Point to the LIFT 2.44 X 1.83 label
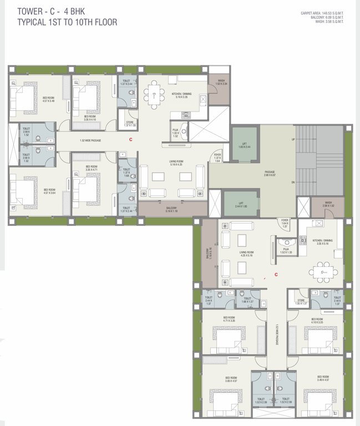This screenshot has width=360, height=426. coord(241,205)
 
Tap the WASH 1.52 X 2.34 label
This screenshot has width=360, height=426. coord(221,83)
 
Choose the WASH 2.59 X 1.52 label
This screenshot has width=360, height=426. coord(328,204)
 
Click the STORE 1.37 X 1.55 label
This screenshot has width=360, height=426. coord(130,124)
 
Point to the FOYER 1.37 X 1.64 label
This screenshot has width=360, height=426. coord(217,158)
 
